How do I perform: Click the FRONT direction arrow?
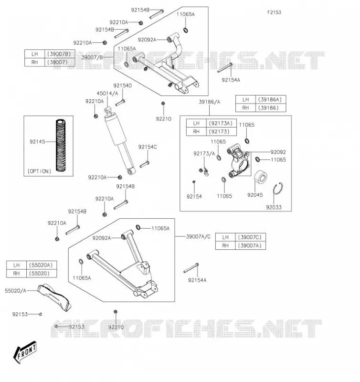(25, 352)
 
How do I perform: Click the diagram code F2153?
(274, 12)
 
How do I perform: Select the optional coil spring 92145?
(61, 145)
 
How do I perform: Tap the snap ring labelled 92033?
(278, 189)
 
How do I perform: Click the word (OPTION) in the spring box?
(39, 171)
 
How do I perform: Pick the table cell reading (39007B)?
(59, 54)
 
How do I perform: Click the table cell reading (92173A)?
(221, 123)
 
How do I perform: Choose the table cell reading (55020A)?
(41, 265)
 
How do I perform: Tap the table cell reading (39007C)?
(250, 237)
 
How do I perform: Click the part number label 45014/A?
(107, 93)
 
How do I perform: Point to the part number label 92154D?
(123, 85)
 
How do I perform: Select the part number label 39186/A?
(210, 102)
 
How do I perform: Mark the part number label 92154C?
(148, 147)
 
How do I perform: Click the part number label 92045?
(255, 195)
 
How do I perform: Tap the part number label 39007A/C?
(198, 236)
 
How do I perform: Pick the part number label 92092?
(278, 152)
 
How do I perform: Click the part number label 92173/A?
(204, 153)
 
